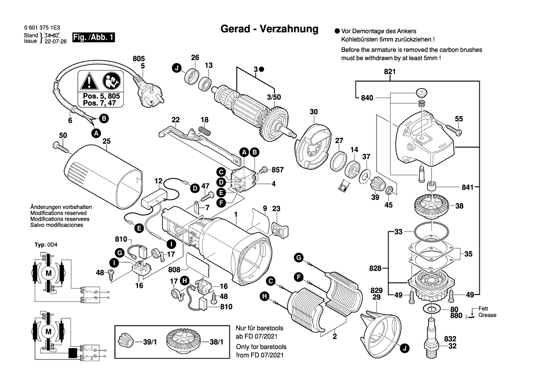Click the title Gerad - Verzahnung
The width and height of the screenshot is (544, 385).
(269, 29)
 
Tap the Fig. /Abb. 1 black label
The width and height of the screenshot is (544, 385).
(94, 37)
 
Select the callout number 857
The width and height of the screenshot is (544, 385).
(277, 170)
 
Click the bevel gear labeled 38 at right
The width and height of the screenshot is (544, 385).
(432, 206)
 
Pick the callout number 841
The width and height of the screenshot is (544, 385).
(468, 187)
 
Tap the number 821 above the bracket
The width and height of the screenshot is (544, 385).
(390, 72)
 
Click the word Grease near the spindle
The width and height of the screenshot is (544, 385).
(487, 315)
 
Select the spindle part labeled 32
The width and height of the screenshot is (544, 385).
(431, 337)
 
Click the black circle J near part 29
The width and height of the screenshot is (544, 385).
(404, 347)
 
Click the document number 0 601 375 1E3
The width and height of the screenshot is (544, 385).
(41, 28)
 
